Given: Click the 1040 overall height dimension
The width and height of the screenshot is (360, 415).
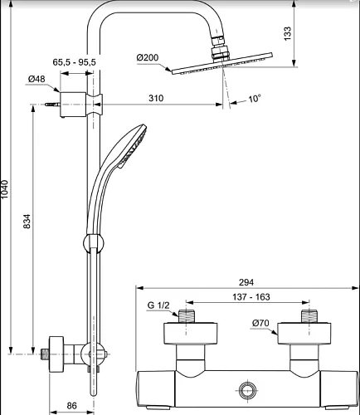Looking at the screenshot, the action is [x=5, y=189].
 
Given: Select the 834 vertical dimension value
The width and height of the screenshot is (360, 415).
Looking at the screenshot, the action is [x=27, y=221].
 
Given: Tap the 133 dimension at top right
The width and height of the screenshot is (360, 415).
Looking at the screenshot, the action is [x=288, y=33].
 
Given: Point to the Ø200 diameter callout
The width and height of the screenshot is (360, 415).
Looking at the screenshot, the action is [x=148, y=57].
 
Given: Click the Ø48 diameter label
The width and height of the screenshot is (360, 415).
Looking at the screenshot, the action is [x=36, y=79].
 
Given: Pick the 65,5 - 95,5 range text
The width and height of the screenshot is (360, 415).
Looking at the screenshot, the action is [x=74, y=62].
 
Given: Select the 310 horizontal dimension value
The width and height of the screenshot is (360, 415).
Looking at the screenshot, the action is [x=156, y=98].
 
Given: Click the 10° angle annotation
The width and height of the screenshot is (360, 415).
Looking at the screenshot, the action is [x=255, y=98].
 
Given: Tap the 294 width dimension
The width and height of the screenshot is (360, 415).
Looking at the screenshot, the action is [x=246, y=282].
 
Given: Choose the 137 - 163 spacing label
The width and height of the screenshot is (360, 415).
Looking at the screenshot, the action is [x=251, y=297].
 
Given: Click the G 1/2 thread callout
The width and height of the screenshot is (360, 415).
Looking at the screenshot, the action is [x=158, y=305].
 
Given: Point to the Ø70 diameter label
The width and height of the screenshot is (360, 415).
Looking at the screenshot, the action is [x=260, y=323].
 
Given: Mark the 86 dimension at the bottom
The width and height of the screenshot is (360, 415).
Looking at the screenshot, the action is [x=71, y=406].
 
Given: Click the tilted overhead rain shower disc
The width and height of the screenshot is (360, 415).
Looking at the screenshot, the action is [x=222, y=63].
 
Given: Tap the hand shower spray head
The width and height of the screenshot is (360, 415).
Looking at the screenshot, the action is [x=131, y=146].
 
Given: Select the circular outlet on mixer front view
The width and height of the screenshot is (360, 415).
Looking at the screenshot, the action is [x=247, y=390].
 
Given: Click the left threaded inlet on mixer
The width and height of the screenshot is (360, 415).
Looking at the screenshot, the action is [x=186, y=316].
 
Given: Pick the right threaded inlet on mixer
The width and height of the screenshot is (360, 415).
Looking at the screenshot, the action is [x=309, y=316].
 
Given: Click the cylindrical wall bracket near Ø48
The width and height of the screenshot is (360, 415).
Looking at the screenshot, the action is [x=73, y=105].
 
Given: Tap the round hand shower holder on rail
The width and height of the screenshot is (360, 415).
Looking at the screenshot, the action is [x=94, y=243].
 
